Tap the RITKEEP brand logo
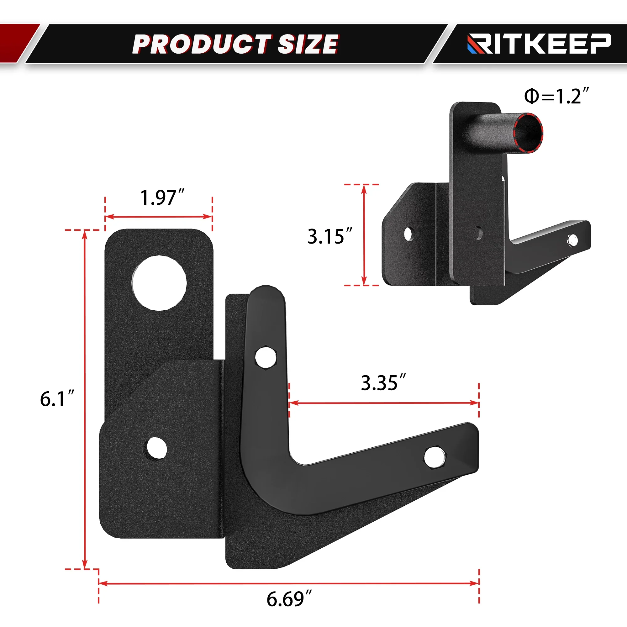click(x=539, y=44)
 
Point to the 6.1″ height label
click(x=57, y=399)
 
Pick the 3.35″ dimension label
click(x=383, y=383)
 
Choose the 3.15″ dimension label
click(x=330, y=236)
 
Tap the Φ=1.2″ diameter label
click(x=556, y=96)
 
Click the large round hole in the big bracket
click(x=159, y=283)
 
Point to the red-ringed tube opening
click(x=528, y=132)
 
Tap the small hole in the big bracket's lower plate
click(x=156, y=448)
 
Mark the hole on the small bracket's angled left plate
click(x=408, y=234)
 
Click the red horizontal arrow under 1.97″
click(x=159, y=216)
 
